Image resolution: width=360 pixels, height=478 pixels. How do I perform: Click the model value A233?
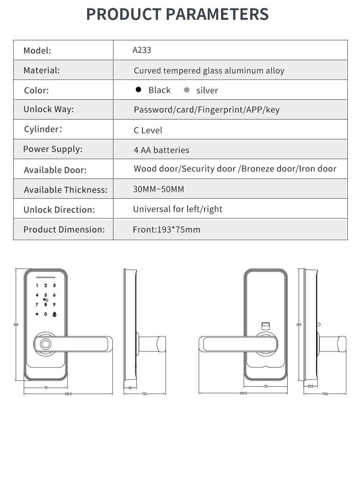(141, 50)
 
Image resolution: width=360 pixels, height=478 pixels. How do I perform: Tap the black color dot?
(138, 90)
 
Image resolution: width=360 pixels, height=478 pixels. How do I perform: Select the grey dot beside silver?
(186, 90)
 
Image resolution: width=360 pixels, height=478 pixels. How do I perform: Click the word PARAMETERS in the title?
(217, 14)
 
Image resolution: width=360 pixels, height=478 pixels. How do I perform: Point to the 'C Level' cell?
(148, 130)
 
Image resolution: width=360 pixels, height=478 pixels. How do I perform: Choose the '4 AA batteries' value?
(161, 150)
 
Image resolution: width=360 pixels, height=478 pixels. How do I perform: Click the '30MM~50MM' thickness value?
(158, 189)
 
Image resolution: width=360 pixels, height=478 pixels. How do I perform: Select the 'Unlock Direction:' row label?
(59, 209)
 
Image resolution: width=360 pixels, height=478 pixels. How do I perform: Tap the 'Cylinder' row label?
(43, 129)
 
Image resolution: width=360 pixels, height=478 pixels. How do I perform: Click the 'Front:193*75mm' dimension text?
(166, 230)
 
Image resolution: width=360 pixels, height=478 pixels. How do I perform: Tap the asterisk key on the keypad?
(37, 314)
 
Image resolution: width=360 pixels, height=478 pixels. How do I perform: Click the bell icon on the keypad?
(54, 314)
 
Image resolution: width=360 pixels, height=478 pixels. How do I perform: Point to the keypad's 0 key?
(46, 314)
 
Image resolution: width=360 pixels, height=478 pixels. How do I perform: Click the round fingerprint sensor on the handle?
(45, 344)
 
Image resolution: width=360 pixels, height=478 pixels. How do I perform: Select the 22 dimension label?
(130, 388)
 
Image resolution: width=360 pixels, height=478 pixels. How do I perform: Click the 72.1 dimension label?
(144, 394)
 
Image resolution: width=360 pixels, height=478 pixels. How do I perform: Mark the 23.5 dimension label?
(310, 386)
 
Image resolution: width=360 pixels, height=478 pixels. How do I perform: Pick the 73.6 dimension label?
(325, 394)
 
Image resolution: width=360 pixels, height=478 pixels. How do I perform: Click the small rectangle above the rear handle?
(265, 326)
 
